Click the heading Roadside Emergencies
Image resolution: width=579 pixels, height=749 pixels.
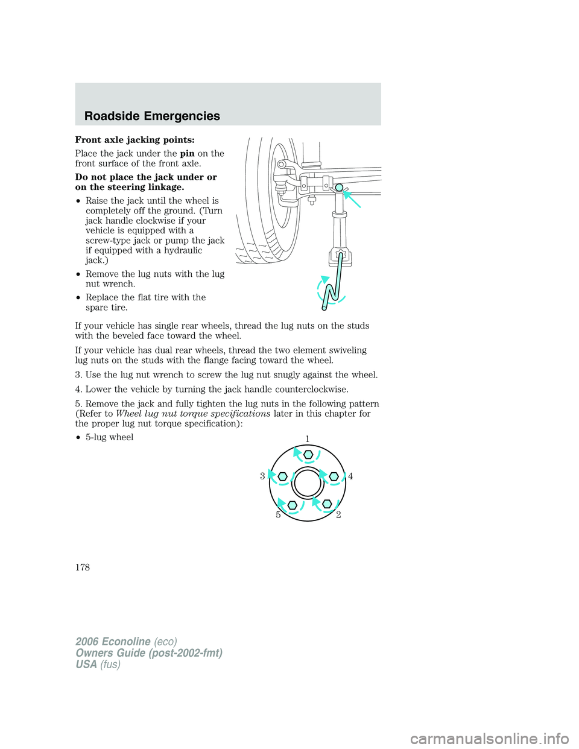pyautogui.click(x=152, y=116)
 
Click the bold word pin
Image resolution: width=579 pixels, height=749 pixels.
pyautogui.click(x=187, y=154)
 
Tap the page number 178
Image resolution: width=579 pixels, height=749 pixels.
pyautogui.click(x=83, y=567)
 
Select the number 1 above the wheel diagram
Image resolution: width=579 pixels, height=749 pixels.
pyautogui.click(x=307, y=438)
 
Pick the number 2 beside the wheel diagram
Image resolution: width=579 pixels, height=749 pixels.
pyautogui.click(x=338, y=514)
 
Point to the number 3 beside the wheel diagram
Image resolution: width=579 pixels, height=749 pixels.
pyautogui.click(x=262, y=476)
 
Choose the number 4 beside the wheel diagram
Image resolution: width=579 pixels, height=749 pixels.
pyautogui.click(x=350, y=476)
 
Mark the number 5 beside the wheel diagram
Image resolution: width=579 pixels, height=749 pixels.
pyautogui.click(x=278, y=514)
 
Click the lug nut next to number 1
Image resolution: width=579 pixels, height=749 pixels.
pyautogui.click(x=308, y=454)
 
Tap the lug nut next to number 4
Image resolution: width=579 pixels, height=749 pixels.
pyautogui.click(x=334, y=476)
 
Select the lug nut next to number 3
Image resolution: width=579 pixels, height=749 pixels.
pyautogui.click(x=282, y=476)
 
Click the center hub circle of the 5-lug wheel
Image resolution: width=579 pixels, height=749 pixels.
pyautogui.click(x=308, y=483)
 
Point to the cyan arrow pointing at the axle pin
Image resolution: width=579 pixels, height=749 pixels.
pyautogui.click(x=351, y=198)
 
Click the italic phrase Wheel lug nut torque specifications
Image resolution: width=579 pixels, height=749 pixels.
pyautogui.click(x=193, y=414)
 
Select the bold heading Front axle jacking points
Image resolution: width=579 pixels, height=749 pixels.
pyautogui.click(x=134, y=140)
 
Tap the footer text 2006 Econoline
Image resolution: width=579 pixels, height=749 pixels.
pyautogui.click(x=113, y=642)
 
